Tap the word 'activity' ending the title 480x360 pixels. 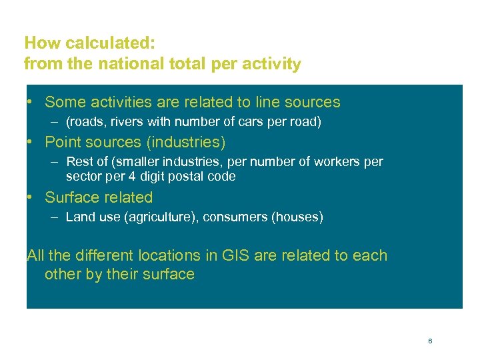click(x=273, y=64)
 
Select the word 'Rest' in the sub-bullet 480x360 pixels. click(x=79, y=162)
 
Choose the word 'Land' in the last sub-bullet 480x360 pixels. click(x=80, y=217)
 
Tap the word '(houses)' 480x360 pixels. click(x=297, y=217)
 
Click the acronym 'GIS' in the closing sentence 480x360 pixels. click(x=228, y=255)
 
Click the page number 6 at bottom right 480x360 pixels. click(x=430, y=341)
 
